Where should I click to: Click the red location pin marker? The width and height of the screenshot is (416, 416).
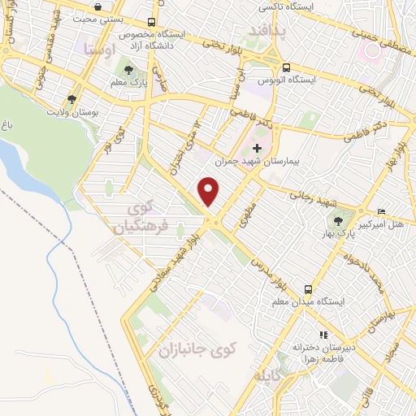pyautogui.click(x=210, y=191)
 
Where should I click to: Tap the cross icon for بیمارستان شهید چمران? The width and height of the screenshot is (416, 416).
pyautogui.click(x=258, y=149)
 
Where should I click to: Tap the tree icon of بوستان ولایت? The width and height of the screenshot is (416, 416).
pyautogui.click(x=72, y=100)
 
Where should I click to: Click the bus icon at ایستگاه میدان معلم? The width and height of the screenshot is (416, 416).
pyautogui.click(x=309, y=288)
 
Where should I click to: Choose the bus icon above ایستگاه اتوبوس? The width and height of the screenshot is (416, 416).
pyautogui.click(x=285, y=68)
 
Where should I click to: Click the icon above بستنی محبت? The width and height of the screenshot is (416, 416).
pyautogui.click(x=98, y=6)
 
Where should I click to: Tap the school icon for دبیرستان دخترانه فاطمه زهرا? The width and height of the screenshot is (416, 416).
pyautogui.click(x=323, y=334)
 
